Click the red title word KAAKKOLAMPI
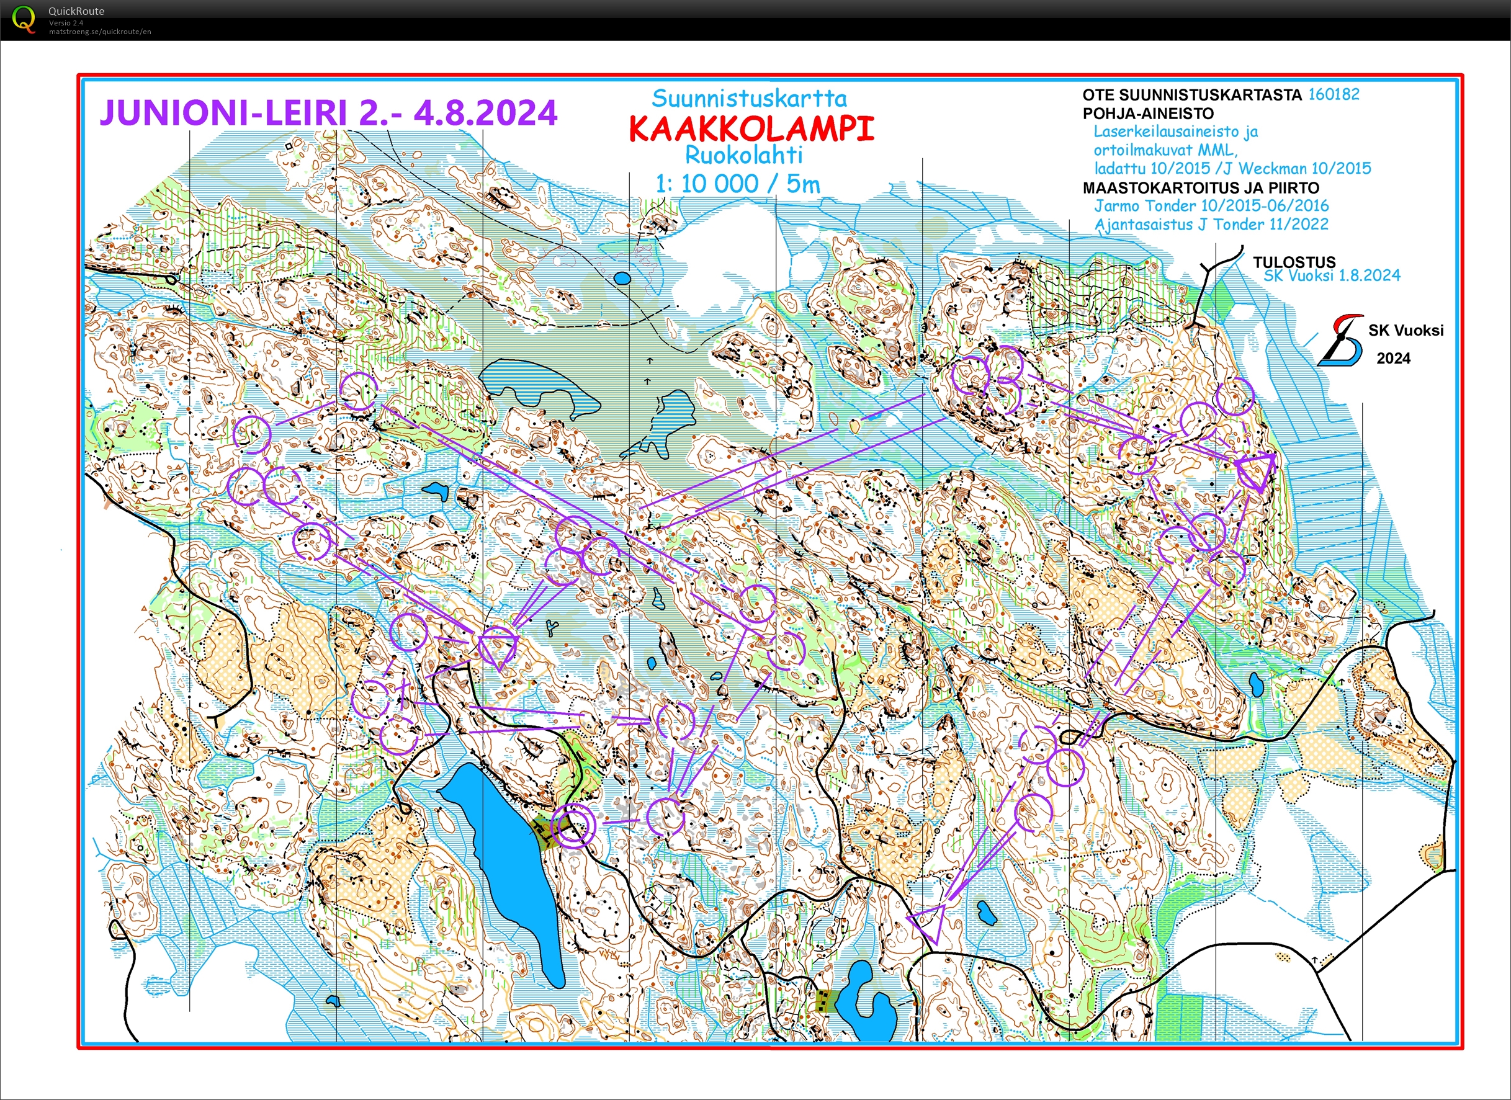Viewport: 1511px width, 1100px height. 751,129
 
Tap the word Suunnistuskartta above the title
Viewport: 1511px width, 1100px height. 749,99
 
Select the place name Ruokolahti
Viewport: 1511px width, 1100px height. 743,155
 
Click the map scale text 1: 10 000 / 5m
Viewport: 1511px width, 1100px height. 738,184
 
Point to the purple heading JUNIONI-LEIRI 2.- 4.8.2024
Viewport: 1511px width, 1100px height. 328,112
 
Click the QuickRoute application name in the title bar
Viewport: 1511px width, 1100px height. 76,11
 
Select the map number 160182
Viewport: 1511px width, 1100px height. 1333,94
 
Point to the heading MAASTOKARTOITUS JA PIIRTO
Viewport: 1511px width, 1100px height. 1201,188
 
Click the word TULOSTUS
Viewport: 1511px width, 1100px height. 1294,262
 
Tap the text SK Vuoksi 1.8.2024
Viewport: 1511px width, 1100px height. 1332,276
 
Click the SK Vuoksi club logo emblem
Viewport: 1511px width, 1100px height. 1340,341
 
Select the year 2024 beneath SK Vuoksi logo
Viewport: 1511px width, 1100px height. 1393,359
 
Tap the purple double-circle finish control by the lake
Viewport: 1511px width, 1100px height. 573,825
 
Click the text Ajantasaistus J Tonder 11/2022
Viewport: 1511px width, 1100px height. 1211,225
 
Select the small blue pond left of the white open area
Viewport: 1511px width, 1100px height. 622,278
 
